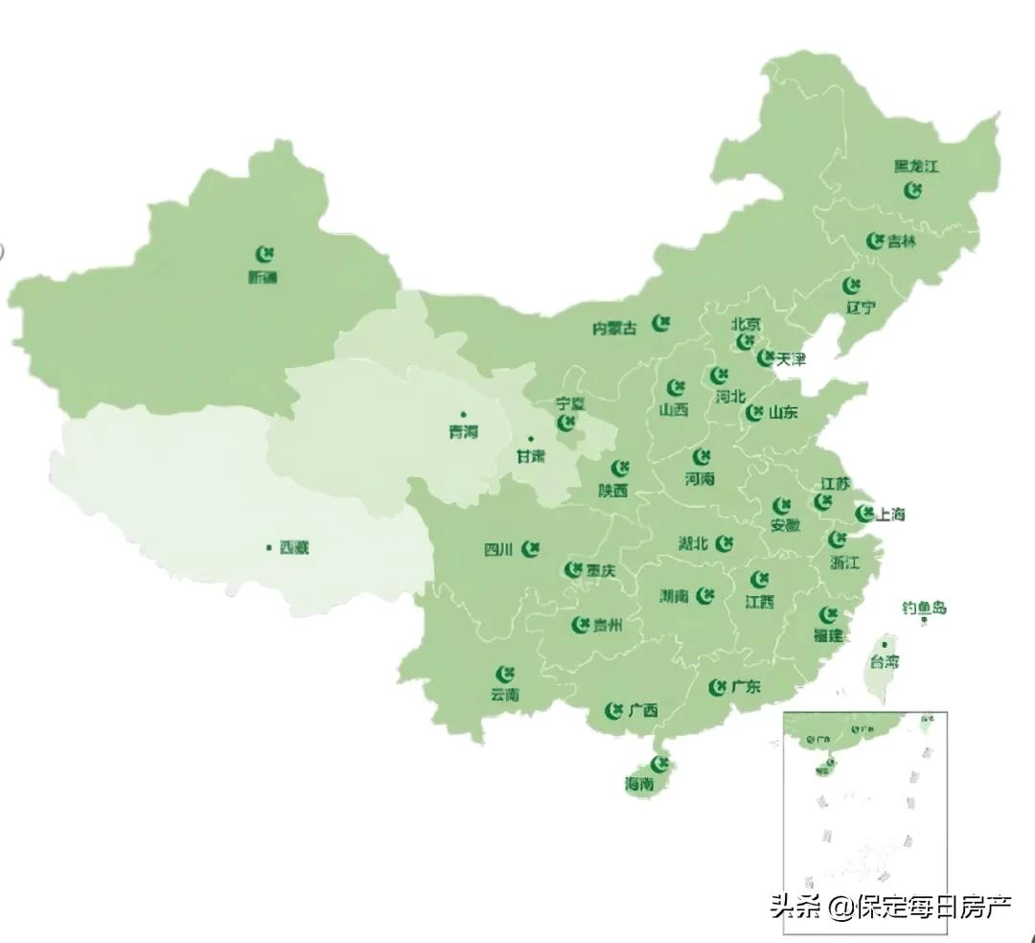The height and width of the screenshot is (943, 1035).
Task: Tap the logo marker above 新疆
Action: (x=265, y=255)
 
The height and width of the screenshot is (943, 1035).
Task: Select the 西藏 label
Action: (x=294, y=549)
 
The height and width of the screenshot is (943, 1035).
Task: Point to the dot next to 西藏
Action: (x=269, y=548)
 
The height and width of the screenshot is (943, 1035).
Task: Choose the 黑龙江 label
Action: (x=916, y=166)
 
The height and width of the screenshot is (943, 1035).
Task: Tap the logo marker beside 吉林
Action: (x=874, y=241)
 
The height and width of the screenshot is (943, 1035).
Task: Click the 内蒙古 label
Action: (x=614, y=329)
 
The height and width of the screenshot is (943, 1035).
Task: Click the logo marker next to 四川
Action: (x=531, y=549)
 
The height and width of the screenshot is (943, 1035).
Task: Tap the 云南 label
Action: (x=504, y=695)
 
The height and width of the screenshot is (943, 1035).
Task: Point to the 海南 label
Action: (x=639, y=783)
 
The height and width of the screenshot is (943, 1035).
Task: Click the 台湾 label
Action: (x=885, y=662)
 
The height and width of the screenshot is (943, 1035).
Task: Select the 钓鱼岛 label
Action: (x=924, y=608)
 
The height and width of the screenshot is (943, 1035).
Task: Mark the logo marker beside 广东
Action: (x=717, y=687)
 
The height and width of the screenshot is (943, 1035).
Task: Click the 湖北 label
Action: (x=693, y=543)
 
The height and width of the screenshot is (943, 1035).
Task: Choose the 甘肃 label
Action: (x=530, y=456)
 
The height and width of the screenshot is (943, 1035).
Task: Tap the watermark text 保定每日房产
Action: (x=934, y=906)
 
